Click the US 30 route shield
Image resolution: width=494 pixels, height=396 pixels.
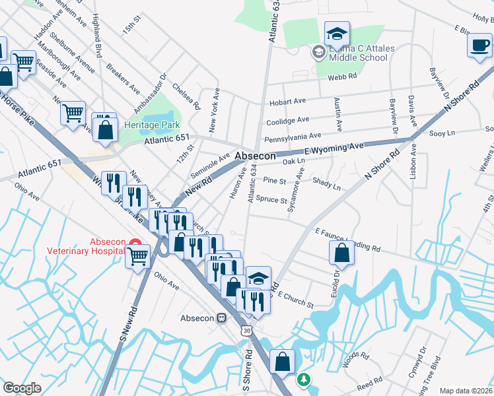click(x=246, y=329)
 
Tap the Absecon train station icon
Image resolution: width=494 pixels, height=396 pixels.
click(x=222, y=318)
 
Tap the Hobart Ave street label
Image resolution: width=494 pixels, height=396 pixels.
click(x=287, y=102)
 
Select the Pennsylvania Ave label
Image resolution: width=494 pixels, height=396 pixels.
click(x=293, y=138)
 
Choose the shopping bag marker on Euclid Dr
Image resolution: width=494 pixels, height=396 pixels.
click(x=342, y=252)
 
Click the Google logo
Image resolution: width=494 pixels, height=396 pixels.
click(x=22, y=388)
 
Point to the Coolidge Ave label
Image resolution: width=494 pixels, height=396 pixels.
click(x=287, y=121)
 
